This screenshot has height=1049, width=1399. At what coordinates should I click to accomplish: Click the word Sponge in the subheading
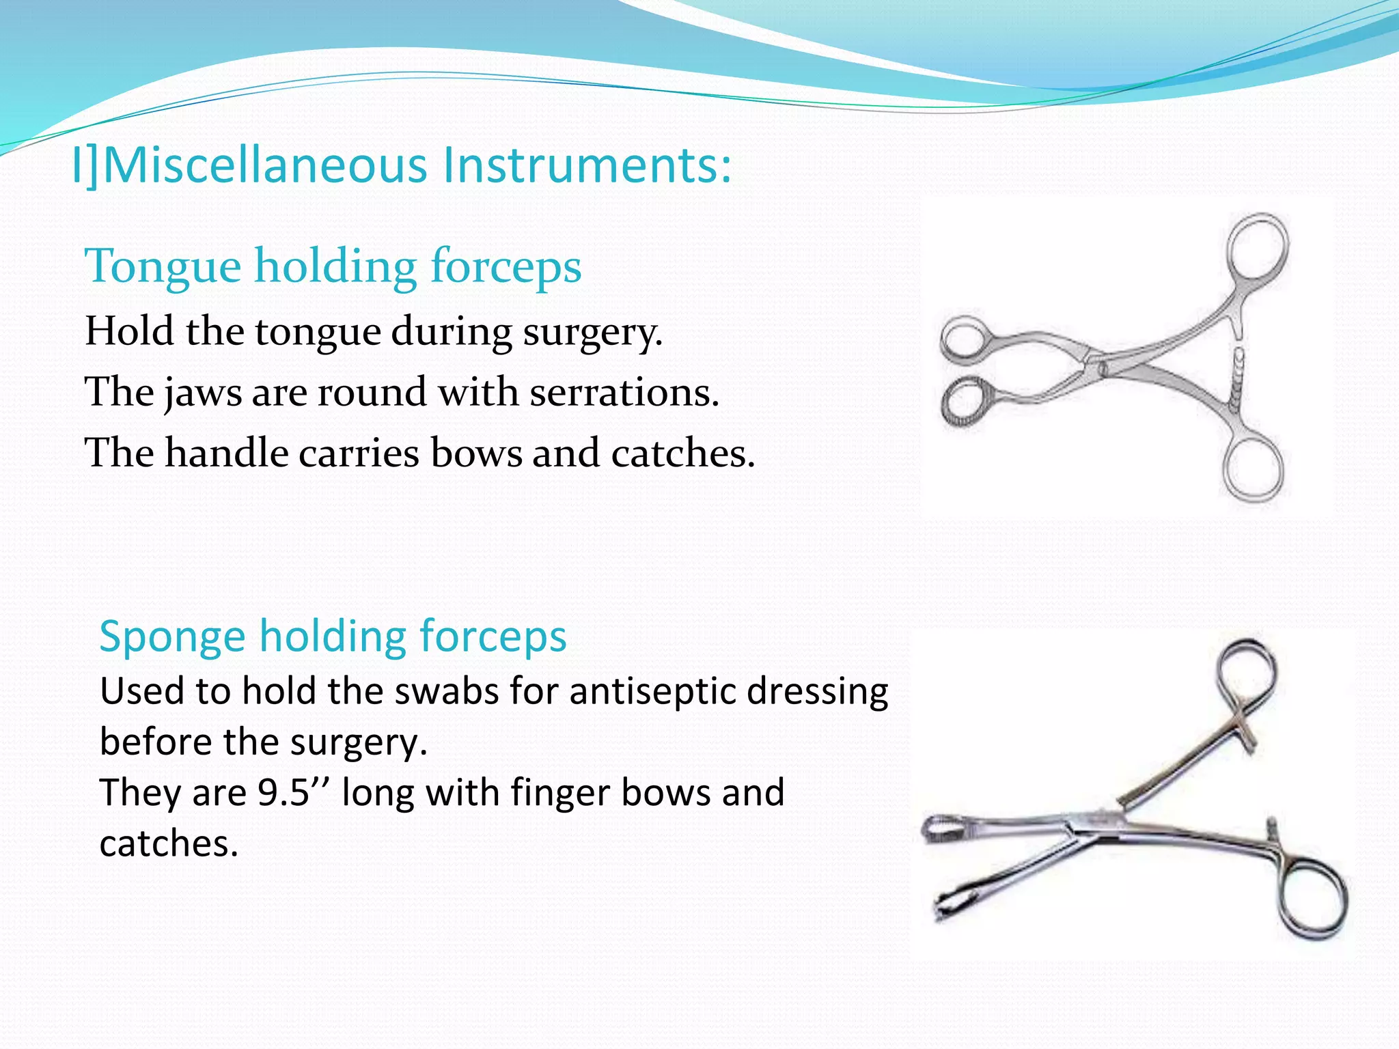tap(172, 637)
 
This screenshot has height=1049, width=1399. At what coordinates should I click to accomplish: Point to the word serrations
tap(624, 393)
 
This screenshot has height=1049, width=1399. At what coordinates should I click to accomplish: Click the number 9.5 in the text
tap(283, 793)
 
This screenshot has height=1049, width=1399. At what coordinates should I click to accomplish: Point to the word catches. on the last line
tap(169, 844)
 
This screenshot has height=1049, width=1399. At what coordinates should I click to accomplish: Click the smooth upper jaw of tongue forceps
tap(963, 339)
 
